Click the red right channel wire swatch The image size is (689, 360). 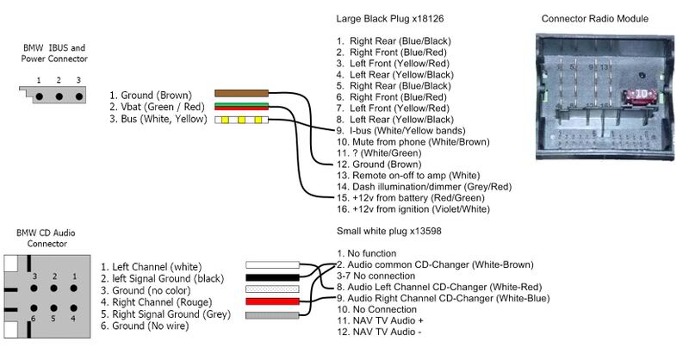(272, 303)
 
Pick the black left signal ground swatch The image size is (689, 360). (272, 277)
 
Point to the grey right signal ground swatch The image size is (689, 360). (272, 316)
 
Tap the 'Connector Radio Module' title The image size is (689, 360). (595, 18)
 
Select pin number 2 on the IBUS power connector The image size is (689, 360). (58, 80)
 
